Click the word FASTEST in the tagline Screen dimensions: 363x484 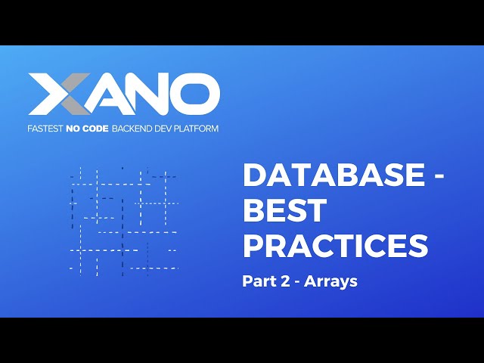coord(48,129)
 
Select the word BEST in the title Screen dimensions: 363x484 coord(284,211)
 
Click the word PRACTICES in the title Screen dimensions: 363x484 coord(335,246)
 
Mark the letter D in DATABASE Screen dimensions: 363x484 coord(254,176)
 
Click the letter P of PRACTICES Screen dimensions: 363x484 coord(253,246)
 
